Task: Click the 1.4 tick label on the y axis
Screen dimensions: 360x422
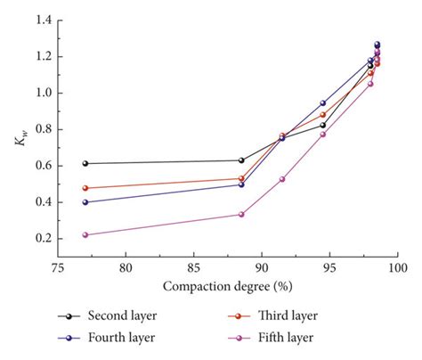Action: coord(41,20)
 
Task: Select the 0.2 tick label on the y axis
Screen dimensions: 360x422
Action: coord(41,238)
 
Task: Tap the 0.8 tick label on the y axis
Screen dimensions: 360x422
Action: coord(41,129)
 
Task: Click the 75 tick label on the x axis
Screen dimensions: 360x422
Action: coord(57,268)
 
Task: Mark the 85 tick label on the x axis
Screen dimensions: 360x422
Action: coord(193,268)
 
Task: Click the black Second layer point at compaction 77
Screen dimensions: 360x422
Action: coord(85,163)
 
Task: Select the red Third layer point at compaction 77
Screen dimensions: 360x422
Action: coord(85,188)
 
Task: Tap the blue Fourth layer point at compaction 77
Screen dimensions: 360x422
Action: coord(85,202)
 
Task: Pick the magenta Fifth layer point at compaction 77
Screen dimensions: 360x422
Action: coord(85,235)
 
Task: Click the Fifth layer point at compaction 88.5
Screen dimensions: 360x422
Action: coord(241,214)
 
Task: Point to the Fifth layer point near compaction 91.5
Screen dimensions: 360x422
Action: coord(282,179)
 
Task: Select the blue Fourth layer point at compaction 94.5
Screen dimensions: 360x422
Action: coord(323,103)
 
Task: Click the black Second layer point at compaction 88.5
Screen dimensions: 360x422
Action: coord(241,160)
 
